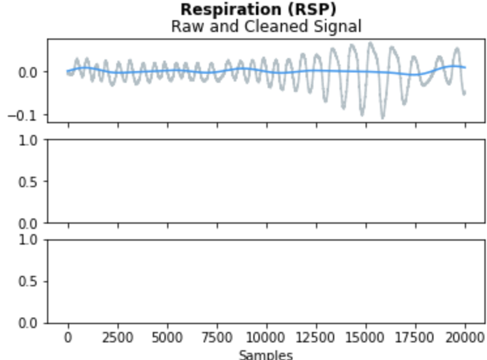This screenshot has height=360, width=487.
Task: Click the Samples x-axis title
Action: (266, 355)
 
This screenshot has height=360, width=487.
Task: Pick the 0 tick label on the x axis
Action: (68, 338)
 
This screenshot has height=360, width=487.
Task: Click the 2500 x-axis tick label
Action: (118, 338)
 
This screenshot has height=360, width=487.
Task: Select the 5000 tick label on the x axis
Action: (167, 338)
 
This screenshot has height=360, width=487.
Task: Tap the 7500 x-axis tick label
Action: (217, 338)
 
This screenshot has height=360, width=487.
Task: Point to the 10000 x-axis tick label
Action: (266, 338)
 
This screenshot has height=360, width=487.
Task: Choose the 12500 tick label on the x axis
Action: (316, 338)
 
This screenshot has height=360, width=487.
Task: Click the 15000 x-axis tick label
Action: (366, 338)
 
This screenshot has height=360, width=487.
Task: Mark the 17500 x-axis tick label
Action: (415, 338)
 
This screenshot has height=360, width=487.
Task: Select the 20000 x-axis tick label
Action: (465, 338)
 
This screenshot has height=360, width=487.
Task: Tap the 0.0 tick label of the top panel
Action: (31, 72)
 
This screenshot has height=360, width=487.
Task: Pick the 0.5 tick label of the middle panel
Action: (31, 181)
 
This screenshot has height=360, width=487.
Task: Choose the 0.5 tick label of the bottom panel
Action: (31, 281)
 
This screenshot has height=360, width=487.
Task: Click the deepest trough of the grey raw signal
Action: (383, 117)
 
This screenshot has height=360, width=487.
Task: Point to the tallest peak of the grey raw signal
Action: (371, 43)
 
